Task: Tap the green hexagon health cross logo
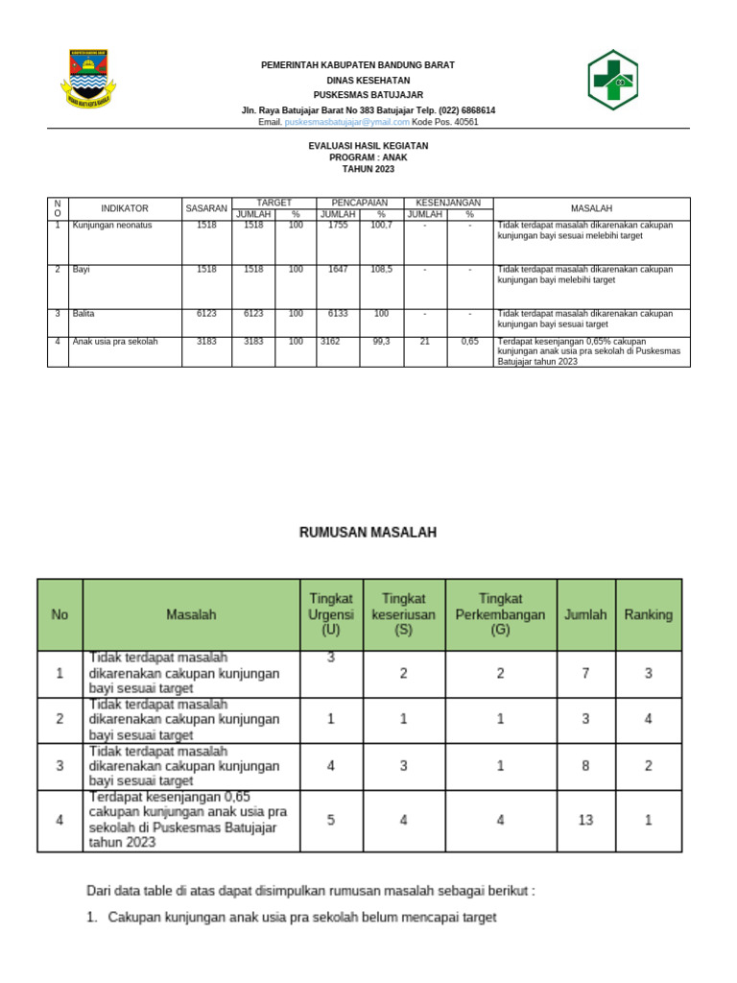[612, 80]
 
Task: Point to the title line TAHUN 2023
[368, 169]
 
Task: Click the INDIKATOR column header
[125, 208]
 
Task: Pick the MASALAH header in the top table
[591, 208]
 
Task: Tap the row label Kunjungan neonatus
[112, 226]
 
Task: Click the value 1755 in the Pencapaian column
[339, 226]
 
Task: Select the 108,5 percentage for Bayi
[381, 270]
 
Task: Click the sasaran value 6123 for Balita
[206, 314]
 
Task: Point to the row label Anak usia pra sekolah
[115, 341]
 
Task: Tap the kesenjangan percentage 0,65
[469, 341]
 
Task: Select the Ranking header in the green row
[649, 614]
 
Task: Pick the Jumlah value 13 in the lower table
[585, 820]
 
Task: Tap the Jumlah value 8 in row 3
[585, 766]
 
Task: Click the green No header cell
[59, 614]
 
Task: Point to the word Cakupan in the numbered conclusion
[135, 918]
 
